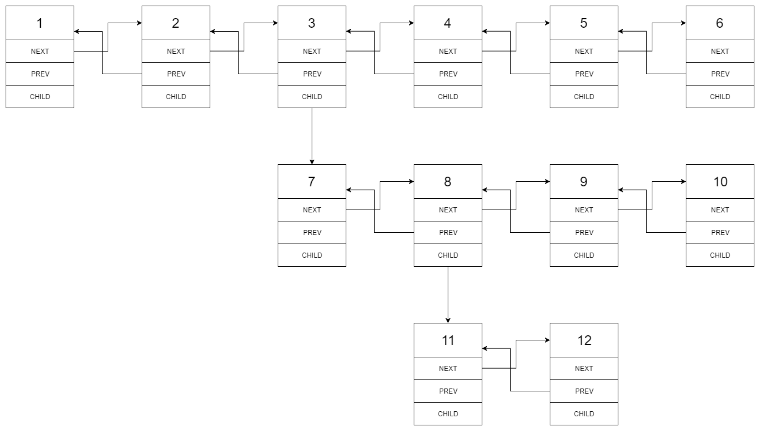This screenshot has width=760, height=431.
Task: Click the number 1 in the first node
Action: click(x=40, y=23)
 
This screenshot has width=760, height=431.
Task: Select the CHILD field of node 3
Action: click(x=312, y=96)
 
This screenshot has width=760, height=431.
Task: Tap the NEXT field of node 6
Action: click(x=720, y=51)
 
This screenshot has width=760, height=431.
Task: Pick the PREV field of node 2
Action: click(x=176, y=74)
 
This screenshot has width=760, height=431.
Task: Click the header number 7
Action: click(x=312, y=182)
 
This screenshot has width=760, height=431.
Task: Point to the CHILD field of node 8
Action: click(x=448, y=255)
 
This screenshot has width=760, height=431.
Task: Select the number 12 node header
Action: click(x=584, y=340)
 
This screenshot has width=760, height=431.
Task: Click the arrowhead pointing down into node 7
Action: click(x=312, y=161)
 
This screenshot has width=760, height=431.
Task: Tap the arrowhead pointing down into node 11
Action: click(x=448, y=320)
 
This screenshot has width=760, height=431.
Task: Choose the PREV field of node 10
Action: click(x=720, y=232)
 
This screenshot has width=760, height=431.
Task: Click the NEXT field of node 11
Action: click(x=448, y=368)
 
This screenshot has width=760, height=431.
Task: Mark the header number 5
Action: click(x=584, y=23)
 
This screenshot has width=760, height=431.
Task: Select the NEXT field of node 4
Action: click(x=448, y=51)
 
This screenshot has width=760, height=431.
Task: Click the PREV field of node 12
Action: click(x=584, y=391)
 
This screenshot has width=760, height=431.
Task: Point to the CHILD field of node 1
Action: click(x=40, y=96)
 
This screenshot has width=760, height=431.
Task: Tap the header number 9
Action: click(x=584, y=182)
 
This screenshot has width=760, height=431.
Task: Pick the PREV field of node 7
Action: click(x=312, y=232)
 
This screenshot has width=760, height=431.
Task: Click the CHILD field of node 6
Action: click(x=720, y=96)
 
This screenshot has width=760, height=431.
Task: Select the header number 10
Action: click(x=720, y=182)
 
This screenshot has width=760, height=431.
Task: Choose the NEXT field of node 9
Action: click(x=584, y=210)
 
